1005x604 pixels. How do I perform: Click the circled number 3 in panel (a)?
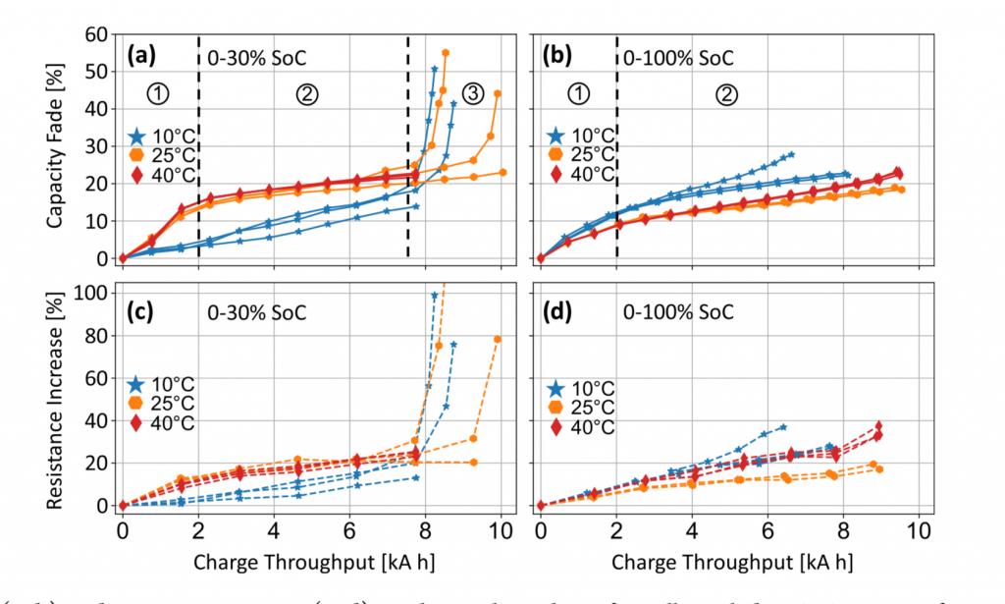[473, 95]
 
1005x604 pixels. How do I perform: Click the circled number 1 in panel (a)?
[160, 95]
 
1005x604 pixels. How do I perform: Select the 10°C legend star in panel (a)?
[138, 136]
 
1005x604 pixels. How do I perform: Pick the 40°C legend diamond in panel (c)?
[138, 422]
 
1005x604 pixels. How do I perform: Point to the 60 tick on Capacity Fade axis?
[94, 34]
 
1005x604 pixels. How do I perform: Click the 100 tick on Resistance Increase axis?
[89, 294]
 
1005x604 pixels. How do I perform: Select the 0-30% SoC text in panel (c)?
[256, 314]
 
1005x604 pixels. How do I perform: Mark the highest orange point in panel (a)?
[446, 52]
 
